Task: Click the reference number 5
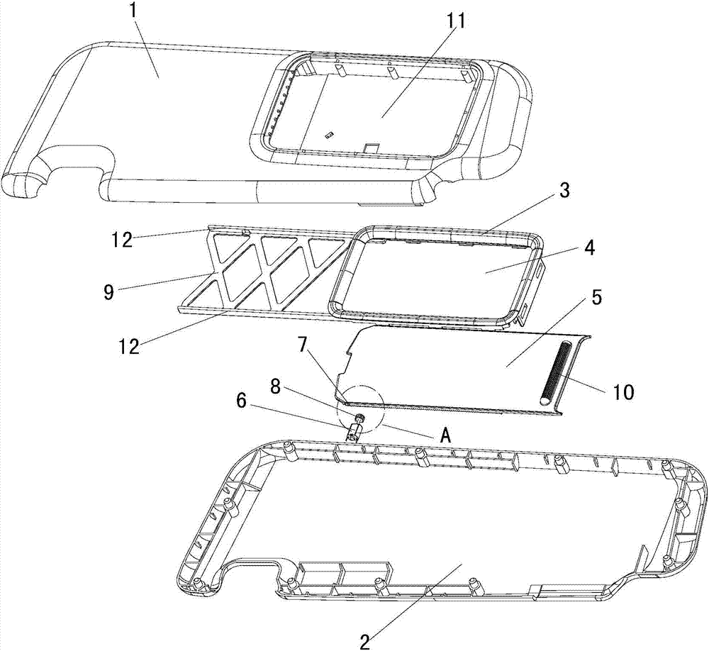(x=596, y=299)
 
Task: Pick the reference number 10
(x=623, y=392)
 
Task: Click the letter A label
(x=446, y=435)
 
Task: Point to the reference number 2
(x=365, y=641)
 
